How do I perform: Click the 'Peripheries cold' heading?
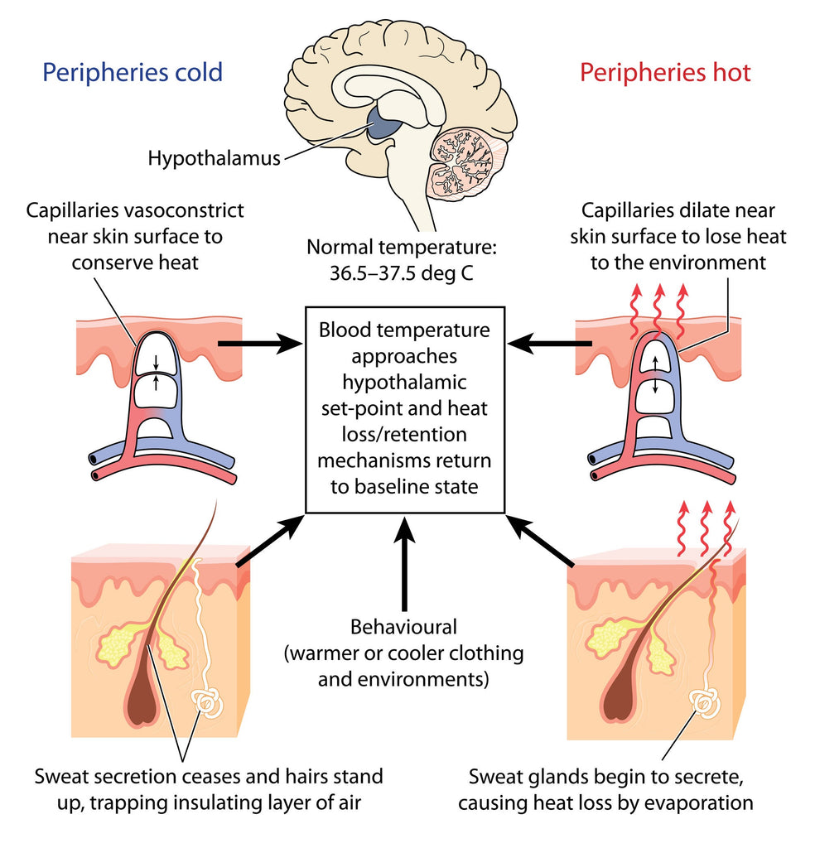(x=133, y=73)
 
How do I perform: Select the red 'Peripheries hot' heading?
(x=665, y=73)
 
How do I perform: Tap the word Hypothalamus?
(x=215, y=158)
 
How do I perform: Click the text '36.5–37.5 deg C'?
(x=401, y=273)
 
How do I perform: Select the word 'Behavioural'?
(x=403, y=627)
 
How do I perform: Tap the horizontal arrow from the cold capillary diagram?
(x=259, y=343)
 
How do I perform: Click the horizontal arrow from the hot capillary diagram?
(x=549, y=343)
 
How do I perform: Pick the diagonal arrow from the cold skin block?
(x=269, y=541)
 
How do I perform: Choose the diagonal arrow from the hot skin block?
(x=540, y=541)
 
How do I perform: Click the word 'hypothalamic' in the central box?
(x=404, y=383)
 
